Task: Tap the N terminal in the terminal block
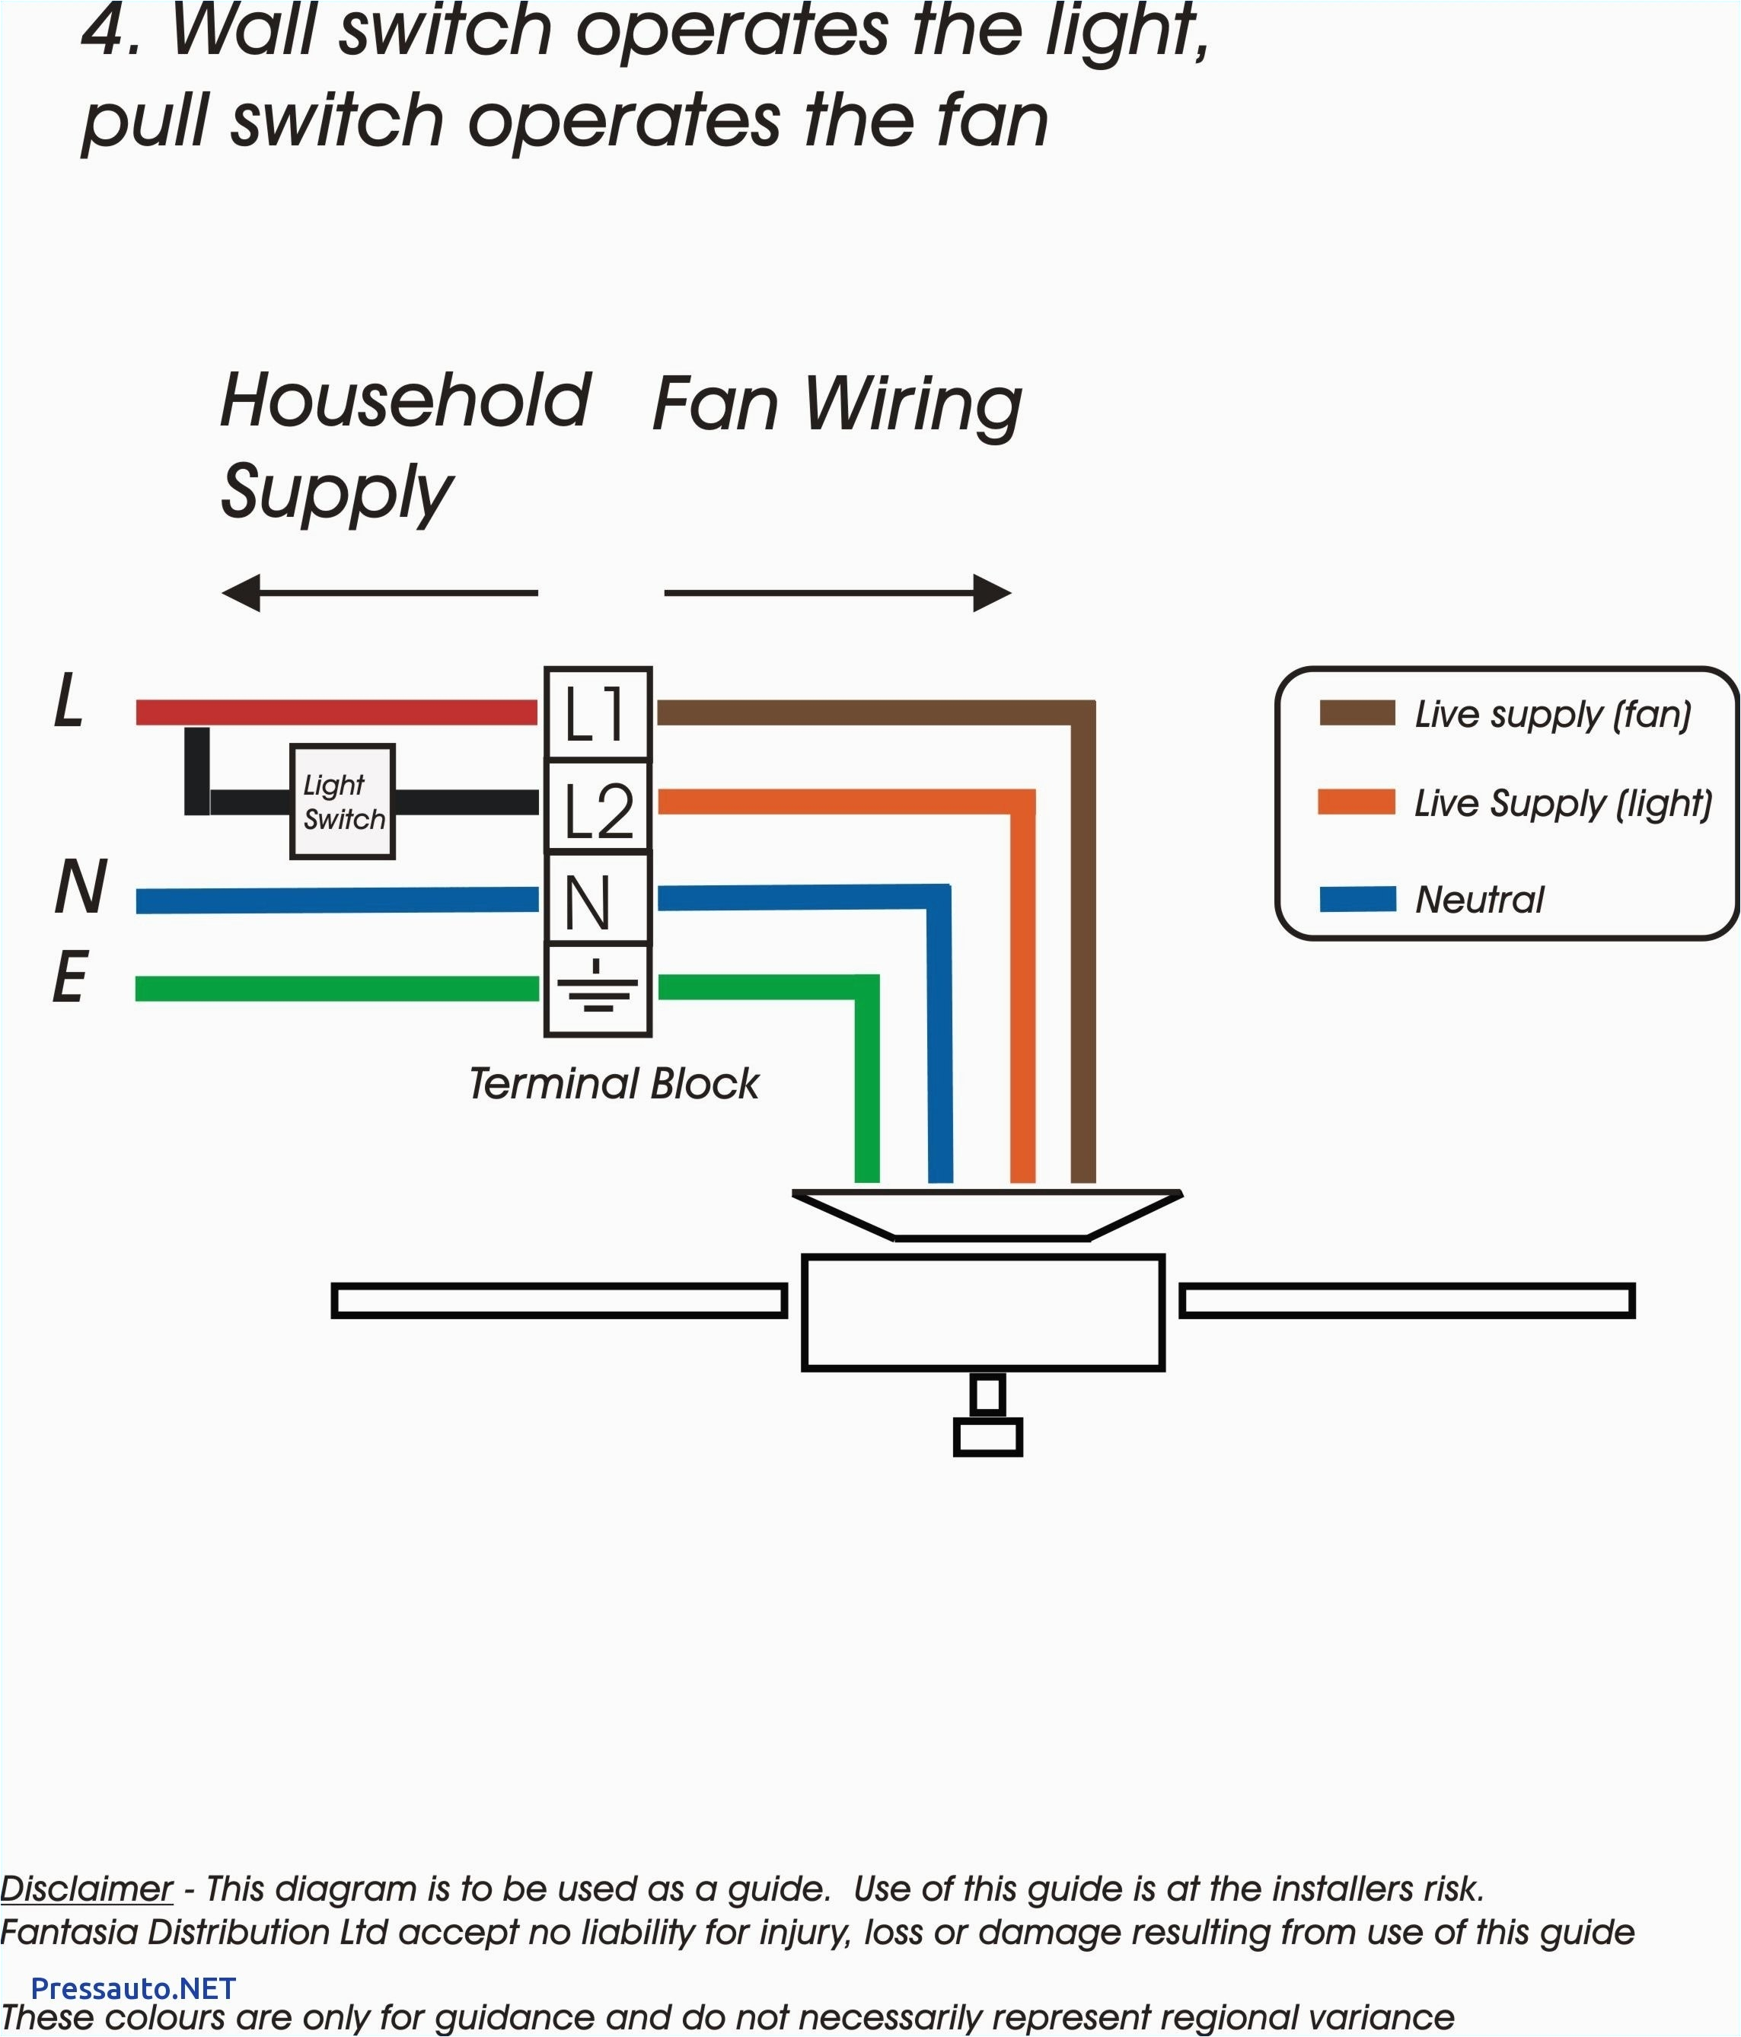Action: pyautogui.click(x=597, y=901)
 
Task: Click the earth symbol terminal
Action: pyautogui.click(x=597, y=989)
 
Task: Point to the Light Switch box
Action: pyautogui.click(x=342, y=802)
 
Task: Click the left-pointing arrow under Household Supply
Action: pyautogui.click(x=378, y=593)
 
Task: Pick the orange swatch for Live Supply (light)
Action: pyautogui.click(x=1356, y=802)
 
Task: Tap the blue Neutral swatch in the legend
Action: pyautogui.click(x=1357, y=898)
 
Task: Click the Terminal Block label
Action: pyautogui.click(x=614, y=1083)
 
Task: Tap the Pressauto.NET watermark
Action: pyautogui.click(x=132, y=1988)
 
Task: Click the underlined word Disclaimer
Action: pyautogui.click(x=87, y=1889)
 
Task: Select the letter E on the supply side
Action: pyautogui.click(x=70, y=979)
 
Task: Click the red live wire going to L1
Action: pyautogui.click(x=336, y=712)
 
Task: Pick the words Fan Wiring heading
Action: pyautogui.click(x=837, y=404)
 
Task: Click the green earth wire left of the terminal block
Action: pyautogui.click(x=336, y=988)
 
